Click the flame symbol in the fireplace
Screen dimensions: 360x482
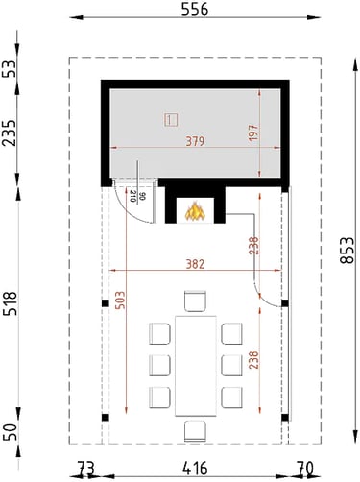pos(195,211)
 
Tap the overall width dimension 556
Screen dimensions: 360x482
pos(195,10)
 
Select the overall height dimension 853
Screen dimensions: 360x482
pos(348,251)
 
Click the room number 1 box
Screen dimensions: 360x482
pos(172,120)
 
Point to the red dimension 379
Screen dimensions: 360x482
pos(195,141)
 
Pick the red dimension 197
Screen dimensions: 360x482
pos(253,133)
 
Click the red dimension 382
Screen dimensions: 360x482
pos(195,264)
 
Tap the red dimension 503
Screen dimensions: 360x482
pos(120,301)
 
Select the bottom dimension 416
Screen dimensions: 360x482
pos(195,469)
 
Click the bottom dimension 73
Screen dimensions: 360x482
pos(86,469)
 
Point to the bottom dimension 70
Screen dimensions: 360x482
pos(304,469)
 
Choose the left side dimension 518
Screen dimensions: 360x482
pos(10,303)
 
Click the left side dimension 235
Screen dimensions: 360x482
pos(10,133)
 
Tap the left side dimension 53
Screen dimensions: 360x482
pos(10,68)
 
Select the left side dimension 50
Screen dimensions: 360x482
pos(10,432)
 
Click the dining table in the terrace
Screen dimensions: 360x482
pos(196,366)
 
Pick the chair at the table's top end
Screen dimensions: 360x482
pos(195,301)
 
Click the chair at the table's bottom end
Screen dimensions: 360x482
pos(195,431)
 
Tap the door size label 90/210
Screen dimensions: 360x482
pos(137,196)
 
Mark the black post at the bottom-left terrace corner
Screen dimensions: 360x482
pos(106,418)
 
